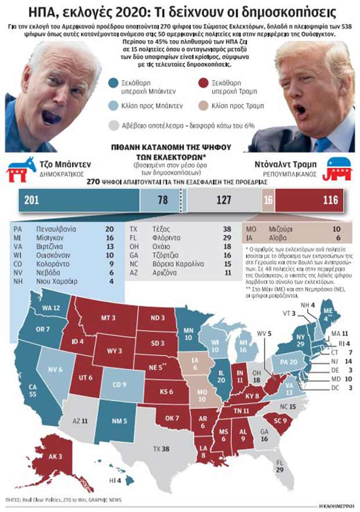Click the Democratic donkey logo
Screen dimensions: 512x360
pyautogui.click(x=21, y=168)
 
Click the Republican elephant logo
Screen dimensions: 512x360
pyautogui.click(x=340, y=168)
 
